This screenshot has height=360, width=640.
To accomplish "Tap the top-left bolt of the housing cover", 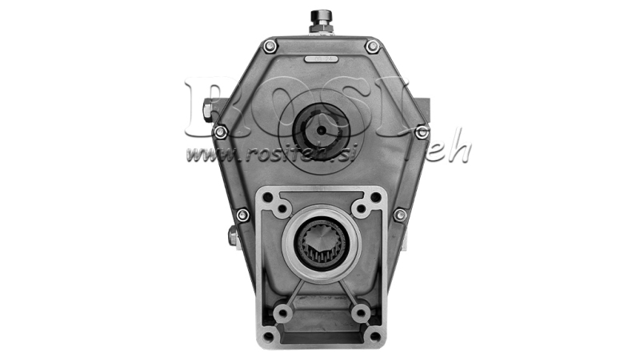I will click(270, 46).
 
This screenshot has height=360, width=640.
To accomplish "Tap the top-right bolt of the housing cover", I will click(372, 46).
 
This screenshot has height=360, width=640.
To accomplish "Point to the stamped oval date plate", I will click(321, 58).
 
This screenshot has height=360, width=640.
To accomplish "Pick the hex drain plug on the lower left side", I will click(231, 235).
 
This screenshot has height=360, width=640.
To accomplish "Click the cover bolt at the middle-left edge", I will click(220, 131).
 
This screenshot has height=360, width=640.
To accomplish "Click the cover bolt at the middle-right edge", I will click(422, 131).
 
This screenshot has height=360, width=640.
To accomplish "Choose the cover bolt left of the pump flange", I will click(242, 214).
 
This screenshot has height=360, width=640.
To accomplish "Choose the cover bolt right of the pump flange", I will click(399, 214).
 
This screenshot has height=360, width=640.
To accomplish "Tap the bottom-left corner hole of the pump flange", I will click(269, 335).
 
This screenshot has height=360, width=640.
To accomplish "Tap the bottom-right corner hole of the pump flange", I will click(374, 335).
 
